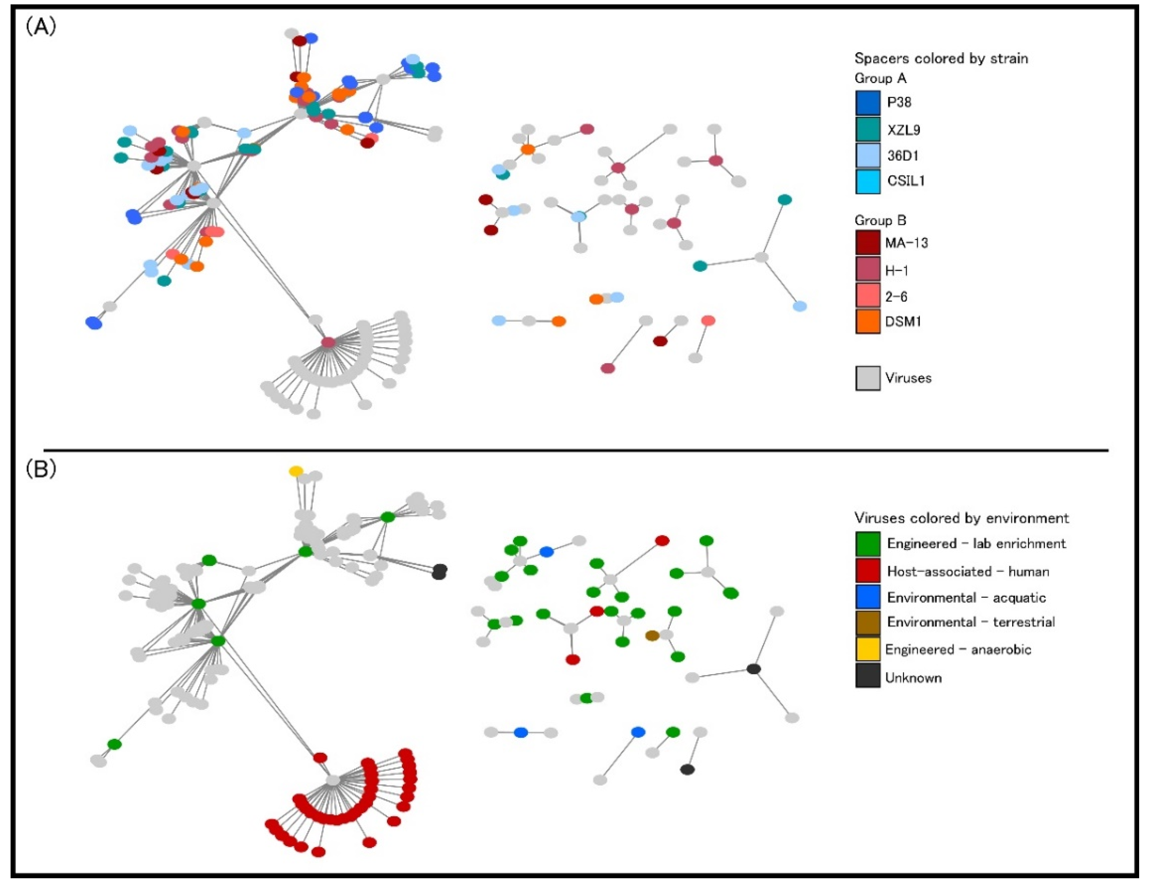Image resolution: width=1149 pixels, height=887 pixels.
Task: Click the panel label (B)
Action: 41,469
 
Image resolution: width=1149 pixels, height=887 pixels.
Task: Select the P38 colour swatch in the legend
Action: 868,103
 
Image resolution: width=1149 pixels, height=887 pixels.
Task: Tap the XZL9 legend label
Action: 904,130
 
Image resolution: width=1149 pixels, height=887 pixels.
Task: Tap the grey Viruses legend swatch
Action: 868,378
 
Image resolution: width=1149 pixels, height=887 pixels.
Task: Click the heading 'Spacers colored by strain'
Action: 941,58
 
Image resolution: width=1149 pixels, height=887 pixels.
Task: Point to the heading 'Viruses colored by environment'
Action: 961,518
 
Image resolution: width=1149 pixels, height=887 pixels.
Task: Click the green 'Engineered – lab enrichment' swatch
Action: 868,544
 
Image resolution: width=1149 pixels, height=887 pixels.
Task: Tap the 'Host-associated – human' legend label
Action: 968,571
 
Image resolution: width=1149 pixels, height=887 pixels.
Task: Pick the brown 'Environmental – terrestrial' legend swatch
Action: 868,622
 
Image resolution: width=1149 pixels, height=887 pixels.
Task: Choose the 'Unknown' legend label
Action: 913,677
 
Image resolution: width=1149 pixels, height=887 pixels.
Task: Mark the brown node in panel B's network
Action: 652,636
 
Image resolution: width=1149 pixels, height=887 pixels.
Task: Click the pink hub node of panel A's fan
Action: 328,342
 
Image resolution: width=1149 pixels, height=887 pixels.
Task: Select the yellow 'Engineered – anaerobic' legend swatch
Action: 868,650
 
